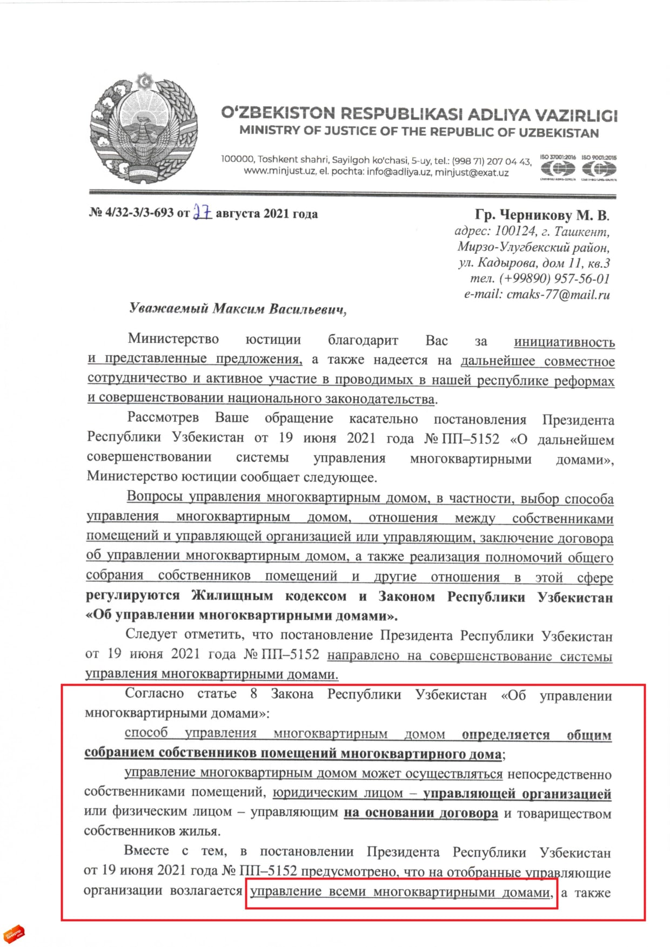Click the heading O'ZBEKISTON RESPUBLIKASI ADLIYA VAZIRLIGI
419,114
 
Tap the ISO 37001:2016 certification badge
558,168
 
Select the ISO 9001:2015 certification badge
599,168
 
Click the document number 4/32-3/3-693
139,213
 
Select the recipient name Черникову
534,215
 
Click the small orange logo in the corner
14,932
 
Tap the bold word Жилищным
232,596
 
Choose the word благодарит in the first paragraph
363,341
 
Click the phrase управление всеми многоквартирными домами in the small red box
400,892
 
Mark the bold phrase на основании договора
421,813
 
